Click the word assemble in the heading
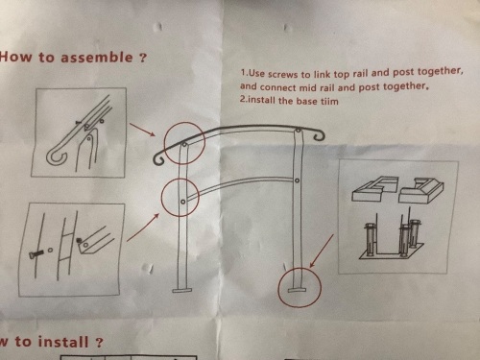(x=97, y=58)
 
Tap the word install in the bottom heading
(x=63, y=342)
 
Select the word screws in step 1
(x=282, y=74)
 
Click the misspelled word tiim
(x=329, y=101)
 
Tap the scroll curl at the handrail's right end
(x=319, y=135)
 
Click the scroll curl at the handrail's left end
(x=158, y=160)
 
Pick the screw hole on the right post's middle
(x=297, y=180)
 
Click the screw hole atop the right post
(x=299, y=131)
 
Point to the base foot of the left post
(x=181, y=290)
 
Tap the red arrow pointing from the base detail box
(x=322, y=252)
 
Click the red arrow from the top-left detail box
(x=143, y=130)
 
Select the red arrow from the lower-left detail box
(x=143, y=228)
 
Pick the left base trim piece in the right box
(x=375, y=188)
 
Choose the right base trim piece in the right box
(x=421, y=190)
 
